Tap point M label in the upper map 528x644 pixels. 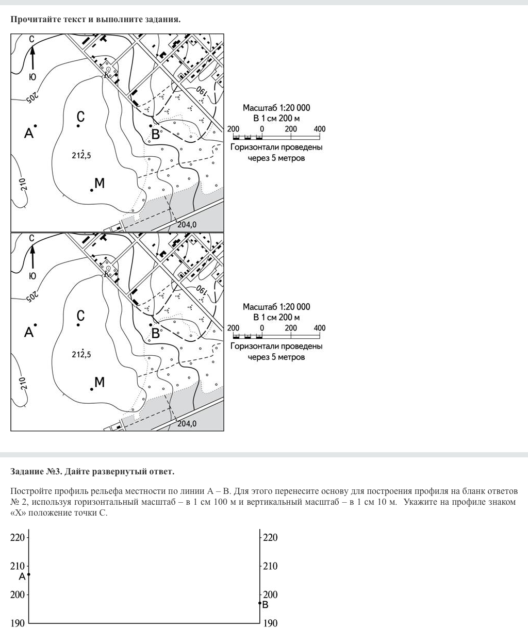pyautogui.click(x=100, y=183)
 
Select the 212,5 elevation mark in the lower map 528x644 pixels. pyautogui.click(x=81, y=354)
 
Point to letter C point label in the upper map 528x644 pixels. pyautogui.click(x=80, y=117)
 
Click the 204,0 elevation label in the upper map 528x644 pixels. pyautogui.click(x=187, y=225)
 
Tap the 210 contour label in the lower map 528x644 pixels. pyautogui.click(x=23, y=383)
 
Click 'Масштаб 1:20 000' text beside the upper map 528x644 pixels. pyautogui.click(x=276, y=108)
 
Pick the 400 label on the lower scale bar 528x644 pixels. pyautogui.click(x=320, y=328)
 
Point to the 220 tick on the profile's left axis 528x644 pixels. pyautogui.click(x=18, y=538)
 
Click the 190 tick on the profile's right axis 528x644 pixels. pyautogui.click(x=270, y=623)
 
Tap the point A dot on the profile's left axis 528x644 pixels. pyautogui.click(x=29, y=574)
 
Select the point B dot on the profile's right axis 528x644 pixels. pyautogui.click(x=260, y=603)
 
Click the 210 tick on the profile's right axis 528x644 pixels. pyautogui.click(x=270, y=566)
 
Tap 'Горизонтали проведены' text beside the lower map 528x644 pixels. pyautogui.click(x=276, y=346)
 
